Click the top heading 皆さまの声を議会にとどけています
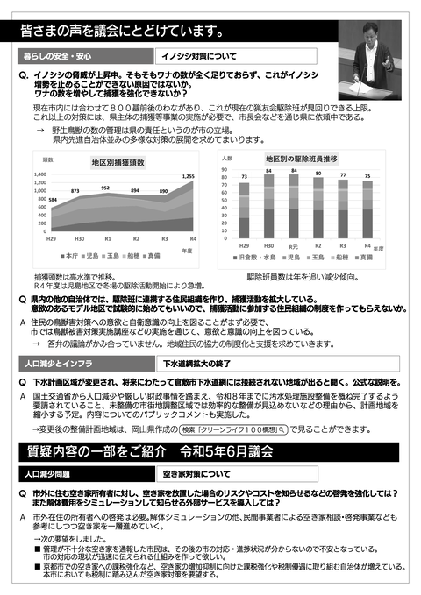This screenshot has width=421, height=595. click(x=123, y=32)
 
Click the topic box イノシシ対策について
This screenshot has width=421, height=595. click(x=197, y=56)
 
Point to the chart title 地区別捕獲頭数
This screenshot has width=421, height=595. click(x=118, y=162)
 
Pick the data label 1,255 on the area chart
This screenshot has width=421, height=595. click(x=212, y=177)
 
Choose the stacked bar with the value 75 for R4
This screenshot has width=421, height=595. click(x=367, y=209)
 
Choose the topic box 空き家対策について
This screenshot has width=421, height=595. click(x=198, y=473)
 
